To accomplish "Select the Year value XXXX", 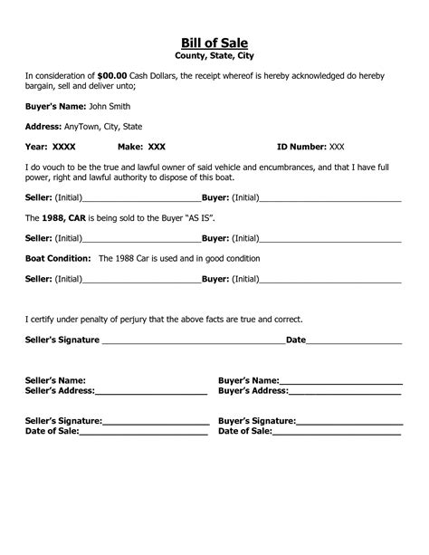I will [x=63, y=147].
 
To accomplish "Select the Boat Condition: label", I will [x=56, y=258].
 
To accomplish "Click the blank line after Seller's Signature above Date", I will [x=193, y=342].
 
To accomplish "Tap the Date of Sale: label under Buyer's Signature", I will [x=245, y=433].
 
